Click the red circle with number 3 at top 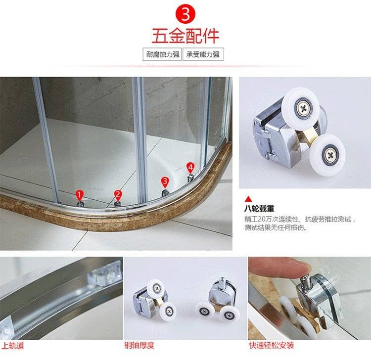click(x=185, y=14)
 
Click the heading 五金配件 click(x=185, y=36)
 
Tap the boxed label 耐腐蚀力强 click(x=162, y=54)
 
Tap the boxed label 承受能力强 click(x=203, y=54)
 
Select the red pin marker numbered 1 click(x=80, y=196)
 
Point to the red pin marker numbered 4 click(x=190, y=168)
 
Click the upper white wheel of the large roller click(x=300, y=109)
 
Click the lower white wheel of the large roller click(x=327, y=155)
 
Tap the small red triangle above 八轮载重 click(x=248, y=199)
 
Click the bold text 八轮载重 click(x=259, y=209)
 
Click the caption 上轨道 click(x=13, y=346)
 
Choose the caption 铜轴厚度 click(x=139, y=345)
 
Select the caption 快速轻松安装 click(x=272, y=345)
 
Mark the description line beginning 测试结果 click(x=276, y=228)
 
